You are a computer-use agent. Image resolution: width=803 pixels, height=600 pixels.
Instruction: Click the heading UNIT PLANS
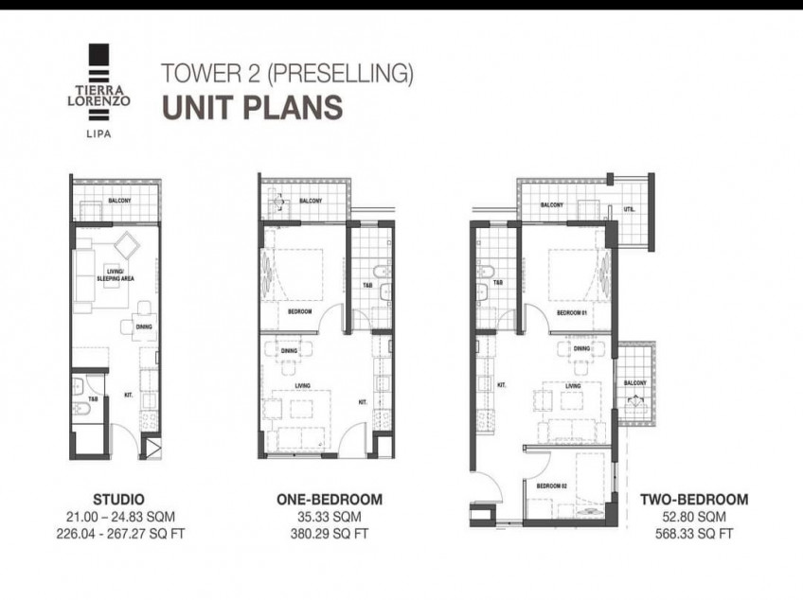tap(252, 107)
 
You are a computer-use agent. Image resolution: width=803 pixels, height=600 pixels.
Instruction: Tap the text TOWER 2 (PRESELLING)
tap(288, 72)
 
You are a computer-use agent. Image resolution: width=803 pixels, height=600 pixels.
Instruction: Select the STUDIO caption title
tap(119, 499)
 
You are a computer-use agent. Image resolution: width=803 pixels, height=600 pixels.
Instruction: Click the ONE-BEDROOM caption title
tap(329, 499)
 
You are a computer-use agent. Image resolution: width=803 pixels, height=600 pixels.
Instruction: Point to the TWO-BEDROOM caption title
tap(694, 499)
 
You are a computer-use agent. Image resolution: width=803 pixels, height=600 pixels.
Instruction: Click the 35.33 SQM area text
tap(329, 517)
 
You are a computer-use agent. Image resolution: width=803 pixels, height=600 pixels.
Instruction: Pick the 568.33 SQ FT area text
tap(694, 534)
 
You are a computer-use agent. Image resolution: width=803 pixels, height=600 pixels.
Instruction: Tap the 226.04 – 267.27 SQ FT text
tap(119, 534)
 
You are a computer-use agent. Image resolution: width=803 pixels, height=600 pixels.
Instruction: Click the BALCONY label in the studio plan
tap(119, 201)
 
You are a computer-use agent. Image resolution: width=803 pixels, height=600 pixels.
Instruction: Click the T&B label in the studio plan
tap(93, 399)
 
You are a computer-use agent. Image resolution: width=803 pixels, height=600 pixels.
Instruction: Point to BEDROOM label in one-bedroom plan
tap(299, 310)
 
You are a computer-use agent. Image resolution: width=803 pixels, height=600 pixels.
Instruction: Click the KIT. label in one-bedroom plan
tap(362, 401)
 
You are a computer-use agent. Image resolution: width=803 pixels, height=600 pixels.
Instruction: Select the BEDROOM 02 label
tap(550, 486)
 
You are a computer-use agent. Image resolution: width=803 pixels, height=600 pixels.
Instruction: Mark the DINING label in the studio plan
tap(144, 327)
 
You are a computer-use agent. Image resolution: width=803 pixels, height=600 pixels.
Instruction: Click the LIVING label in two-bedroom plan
tap(573, 386)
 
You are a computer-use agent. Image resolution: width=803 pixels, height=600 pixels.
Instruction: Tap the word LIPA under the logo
tap(98, 133)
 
